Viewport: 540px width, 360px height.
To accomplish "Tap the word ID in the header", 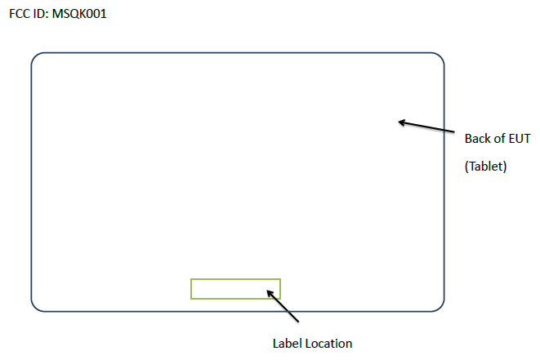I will tap(38, 14).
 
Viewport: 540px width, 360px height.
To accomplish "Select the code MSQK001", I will tap(78, 14).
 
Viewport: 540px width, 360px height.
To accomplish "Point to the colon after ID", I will tap(47, 15).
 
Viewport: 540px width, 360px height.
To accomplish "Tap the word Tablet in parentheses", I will tap(487, 167).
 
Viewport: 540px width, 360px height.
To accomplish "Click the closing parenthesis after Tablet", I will tap(506, 167).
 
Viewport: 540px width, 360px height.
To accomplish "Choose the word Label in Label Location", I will tap(287, 343).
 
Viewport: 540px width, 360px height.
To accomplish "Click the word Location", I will tap(328, 343).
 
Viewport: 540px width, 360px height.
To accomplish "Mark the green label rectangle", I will tap(235, 289).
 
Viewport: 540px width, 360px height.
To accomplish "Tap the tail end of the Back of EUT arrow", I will tap(453, 131).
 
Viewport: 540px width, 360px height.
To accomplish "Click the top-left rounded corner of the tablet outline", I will tap(36, 58).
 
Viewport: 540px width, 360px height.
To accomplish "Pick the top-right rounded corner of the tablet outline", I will tap(439, 58).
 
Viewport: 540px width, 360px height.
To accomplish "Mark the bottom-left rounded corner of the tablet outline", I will tap(36, 306).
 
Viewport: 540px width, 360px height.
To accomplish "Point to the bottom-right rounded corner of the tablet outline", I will tap(439, 306).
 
